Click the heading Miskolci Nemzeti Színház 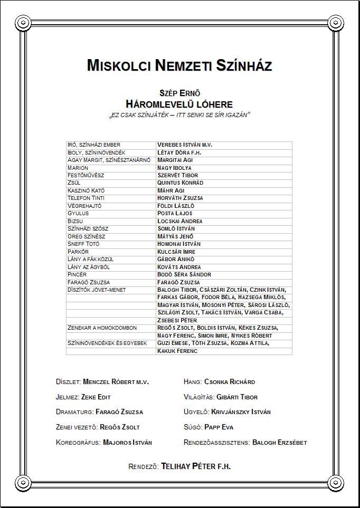point(179,66)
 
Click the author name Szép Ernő point(179,93)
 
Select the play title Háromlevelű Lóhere point(179,104)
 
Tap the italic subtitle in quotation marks point(179,114)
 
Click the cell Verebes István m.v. point(185,145)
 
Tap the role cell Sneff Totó point(83,244)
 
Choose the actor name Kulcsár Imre point(176,252)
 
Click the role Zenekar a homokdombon point(102,328)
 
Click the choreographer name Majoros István point(127,443)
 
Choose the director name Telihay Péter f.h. point(196,467)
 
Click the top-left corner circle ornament point(23,22)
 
